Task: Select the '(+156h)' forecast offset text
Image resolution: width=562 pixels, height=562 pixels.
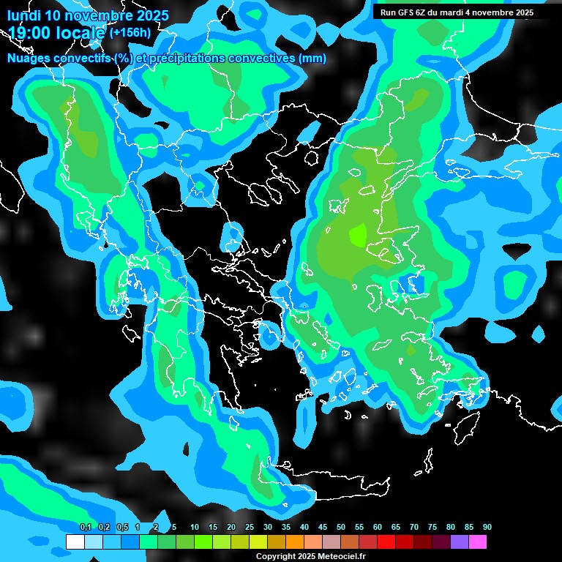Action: click(x=130, y=32)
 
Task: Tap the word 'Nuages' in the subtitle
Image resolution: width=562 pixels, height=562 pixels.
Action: click(x=30, y=59)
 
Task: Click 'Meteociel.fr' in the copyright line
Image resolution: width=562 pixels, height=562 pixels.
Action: click(x=341, y=557)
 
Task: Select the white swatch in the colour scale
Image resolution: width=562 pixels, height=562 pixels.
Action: click(x=75, y=542)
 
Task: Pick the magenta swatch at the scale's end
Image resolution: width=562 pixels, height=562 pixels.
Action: click(x=477, y=542)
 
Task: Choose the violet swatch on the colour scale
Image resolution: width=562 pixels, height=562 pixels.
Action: click(x=459, y=542)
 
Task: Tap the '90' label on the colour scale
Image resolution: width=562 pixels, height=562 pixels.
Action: click(x=487, y=527)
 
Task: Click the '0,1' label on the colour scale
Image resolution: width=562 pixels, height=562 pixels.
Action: click(x=85, y=527)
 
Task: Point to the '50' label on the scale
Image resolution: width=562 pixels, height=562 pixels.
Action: click(x=341, y=527)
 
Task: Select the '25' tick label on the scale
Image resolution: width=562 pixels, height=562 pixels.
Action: click(x=250, y=527)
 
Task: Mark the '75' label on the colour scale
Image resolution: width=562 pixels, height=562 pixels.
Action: click(x=432, y=527)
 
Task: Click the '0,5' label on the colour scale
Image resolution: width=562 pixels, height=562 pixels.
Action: click(x=121, y=527)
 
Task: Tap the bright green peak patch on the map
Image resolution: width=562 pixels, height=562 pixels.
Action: click(x=358, y=235)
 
